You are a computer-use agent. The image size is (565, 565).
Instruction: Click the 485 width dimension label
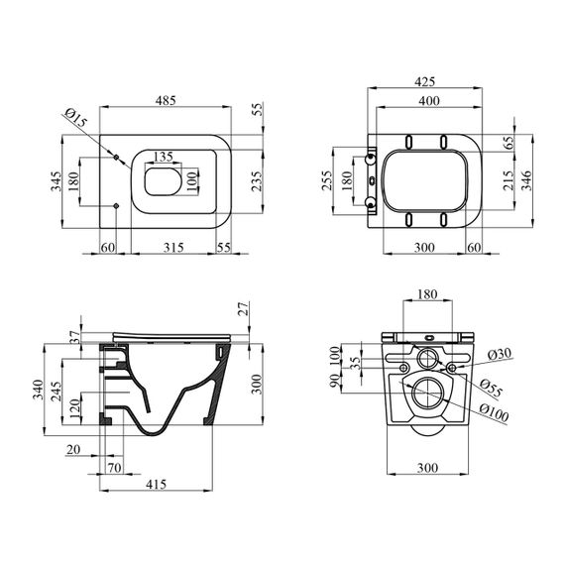click(x=166, y=100)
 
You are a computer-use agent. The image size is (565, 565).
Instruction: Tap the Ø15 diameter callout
click(x=76, y=117)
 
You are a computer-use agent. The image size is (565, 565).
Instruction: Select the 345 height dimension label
click(x=56, y=181)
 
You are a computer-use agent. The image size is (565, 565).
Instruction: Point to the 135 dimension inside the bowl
click(x=164, y=157)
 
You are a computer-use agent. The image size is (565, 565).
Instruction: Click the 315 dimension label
click(x=173, y=248)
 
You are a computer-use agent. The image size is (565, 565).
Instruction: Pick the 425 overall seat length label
click(x=425, y=82)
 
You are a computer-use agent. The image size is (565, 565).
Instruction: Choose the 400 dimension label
click(x=429, y=100)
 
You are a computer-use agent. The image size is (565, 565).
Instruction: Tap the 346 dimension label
click(x=525, y=180)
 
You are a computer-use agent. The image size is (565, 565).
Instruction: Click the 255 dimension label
click(x=327, y=181)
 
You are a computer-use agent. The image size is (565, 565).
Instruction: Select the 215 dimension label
click(x=508, y=180)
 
